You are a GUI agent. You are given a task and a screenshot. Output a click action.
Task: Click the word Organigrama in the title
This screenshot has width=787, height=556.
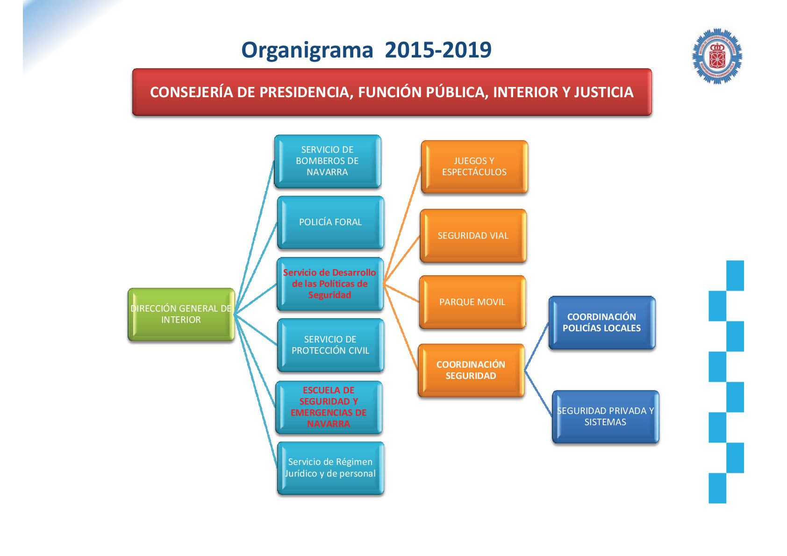coord(307,50)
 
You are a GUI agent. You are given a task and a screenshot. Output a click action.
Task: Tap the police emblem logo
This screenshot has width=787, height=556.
coord(717,57)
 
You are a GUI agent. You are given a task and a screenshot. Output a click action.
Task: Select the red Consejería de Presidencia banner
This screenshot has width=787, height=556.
coord(392,92)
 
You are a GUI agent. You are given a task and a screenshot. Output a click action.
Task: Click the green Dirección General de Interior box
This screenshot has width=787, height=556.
coord(181,314)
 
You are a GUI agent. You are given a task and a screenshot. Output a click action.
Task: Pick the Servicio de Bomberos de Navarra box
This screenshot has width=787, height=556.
coord(327,161)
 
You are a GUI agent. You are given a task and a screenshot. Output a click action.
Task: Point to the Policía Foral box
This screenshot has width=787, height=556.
coord(330,222)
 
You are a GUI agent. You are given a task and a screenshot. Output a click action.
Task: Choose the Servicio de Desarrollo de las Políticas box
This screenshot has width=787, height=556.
coord(329,284)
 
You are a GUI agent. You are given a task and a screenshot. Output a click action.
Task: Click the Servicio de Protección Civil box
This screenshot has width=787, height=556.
coord(330,345)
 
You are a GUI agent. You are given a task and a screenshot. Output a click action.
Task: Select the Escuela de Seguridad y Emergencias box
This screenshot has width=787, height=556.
coord(329,407)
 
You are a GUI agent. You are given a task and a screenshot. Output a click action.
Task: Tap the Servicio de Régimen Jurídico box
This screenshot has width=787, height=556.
coord(330,468)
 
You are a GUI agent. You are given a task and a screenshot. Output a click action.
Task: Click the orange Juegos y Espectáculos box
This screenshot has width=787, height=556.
coord(474,167)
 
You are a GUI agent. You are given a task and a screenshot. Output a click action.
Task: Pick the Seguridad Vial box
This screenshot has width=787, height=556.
coord(473,236)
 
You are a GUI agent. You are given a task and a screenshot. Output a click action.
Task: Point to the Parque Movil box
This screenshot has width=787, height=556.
coord(472,302)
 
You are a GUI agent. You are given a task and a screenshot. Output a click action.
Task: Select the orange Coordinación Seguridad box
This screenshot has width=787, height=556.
coord(471,370)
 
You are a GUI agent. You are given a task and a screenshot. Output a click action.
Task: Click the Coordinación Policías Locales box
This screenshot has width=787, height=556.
coord(601,322)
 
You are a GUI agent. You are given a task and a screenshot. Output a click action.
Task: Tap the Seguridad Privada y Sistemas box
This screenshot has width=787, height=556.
coord(605,416)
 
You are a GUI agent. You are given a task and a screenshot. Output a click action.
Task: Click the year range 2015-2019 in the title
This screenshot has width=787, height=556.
coord(438,50)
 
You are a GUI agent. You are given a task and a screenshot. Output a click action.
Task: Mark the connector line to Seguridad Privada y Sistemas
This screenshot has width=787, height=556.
coord(538,393)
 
